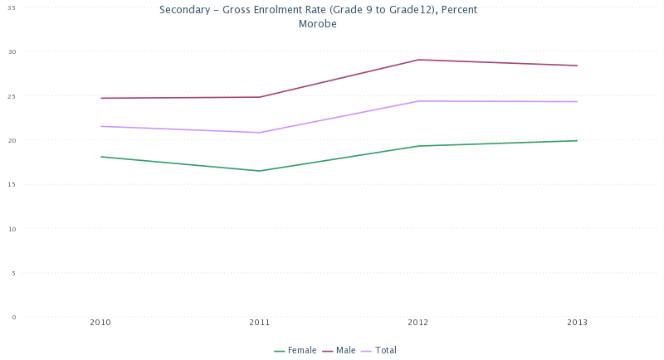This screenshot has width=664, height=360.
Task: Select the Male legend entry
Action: pyautogui.click(x=345, y=350)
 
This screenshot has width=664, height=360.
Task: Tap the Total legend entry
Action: pyautogui.click(x=385, y=350)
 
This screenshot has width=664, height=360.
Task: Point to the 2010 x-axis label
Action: pyautogui.click(x=100, y=322)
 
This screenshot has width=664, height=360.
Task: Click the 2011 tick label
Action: pyautogui.click(x=259, y=322)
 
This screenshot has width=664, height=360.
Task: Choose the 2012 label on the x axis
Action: pyautogui.click(x=418, y=322)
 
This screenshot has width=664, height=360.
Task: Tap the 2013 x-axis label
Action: pyautogui.click(x=577, y=322)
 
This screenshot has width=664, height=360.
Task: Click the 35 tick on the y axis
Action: pyautogui.click(x=12, y=7)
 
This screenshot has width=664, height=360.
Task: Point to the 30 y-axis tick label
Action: pyautogui.click(x=12, y=51)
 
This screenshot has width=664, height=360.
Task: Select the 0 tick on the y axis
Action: pyautogui.click(x=14, y=317)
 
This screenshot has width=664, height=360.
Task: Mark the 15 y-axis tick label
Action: pyautogui.click(x=12, y=184)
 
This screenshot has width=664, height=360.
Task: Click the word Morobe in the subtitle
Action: pyautogui.click(x=317, y=24)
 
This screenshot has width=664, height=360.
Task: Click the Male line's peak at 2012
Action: pyautogui.click(x=418, y=60)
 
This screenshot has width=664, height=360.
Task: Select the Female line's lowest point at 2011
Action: pyautogui.click(x=259, y=171)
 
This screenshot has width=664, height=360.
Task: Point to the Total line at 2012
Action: pyautogui.click(x=418, y=101)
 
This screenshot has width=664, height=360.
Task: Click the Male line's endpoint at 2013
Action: pyautogui.click(x=577, y=66)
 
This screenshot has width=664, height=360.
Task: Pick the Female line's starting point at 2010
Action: pyautogui.click(x=100, y=157)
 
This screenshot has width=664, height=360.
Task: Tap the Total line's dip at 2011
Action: pyautogui.click(x=259, y=133)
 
